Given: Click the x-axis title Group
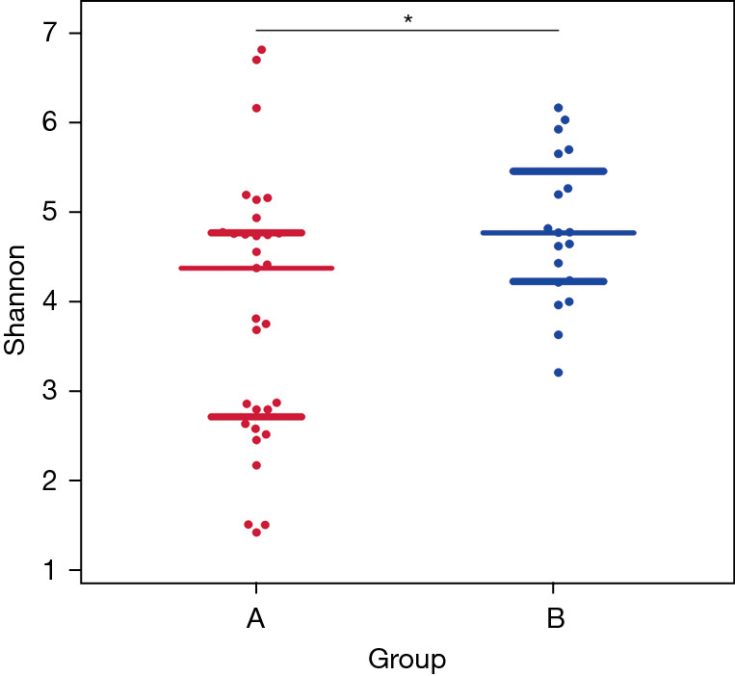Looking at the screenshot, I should coord(407,659).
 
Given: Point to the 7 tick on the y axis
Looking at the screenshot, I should coord(47,33).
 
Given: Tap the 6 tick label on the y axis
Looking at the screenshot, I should coord(47,122).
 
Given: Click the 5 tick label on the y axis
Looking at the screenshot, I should coord(47,212).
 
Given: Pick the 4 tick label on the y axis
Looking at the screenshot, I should coord(47,301).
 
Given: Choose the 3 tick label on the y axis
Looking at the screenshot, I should coord(47,391).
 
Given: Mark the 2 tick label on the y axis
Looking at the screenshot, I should coord(47,481).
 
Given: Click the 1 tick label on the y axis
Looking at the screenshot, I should coord(47,570).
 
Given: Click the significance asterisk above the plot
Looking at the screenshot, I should coord(407,19).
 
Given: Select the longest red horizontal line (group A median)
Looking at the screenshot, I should coord(256,268).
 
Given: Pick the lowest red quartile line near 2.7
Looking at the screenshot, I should coord(256,417).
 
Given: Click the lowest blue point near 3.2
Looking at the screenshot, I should coord(558,372).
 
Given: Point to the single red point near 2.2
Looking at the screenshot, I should coord(256,465).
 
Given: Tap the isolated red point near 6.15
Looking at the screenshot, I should coord(256,108).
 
